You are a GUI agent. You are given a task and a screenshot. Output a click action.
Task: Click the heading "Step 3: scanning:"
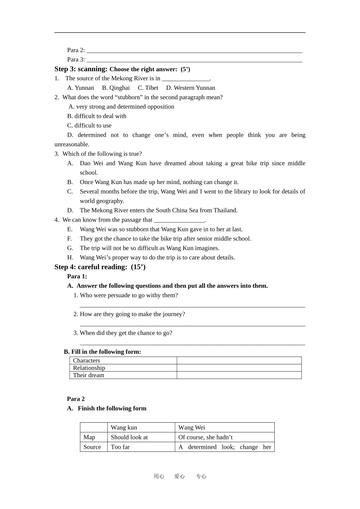[81, 69]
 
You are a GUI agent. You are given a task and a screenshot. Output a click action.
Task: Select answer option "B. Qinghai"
[116, 88]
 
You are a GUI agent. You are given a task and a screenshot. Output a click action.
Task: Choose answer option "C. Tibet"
[148, 88]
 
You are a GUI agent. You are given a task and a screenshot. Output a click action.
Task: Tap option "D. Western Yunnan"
[190, 88]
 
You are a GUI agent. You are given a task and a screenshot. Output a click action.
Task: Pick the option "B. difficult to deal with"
[97, 116]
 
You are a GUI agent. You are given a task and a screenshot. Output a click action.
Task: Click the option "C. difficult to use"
[89, 126]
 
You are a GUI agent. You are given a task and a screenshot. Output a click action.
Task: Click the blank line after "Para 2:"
[194, 51]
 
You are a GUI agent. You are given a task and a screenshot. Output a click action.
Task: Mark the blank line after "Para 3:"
[194, 60]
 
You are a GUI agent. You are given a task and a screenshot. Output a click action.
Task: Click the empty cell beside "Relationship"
[239, 368]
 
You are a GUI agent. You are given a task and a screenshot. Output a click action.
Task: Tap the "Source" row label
[92, 447]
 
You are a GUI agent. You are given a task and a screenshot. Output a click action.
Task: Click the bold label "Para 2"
[76, 399]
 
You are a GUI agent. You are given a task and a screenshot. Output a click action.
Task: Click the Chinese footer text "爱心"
[179, 476]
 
